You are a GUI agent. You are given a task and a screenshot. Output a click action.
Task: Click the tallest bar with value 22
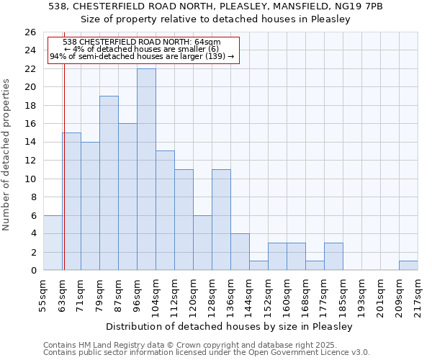(146, 169)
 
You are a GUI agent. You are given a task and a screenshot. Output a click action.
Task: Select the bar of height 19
(109, 183)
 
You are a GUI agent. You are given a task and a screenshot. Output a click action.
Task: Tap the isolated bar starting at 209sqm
(408, 266)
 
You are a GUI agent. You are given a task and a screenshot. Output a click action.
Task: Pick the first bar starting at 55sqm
(53, 243)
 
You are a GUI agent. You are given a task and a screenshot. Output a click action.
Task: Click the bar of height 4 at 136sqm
(240, 252)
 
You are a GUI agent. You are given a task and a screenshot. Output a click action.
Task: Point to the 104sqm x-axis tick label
(156, 292)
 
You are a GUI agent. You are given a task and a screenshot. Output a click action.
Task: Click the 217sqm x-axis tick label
(418, 292)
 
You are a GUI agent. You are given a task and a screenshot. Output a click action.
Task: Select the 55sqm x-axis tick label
(43, 292)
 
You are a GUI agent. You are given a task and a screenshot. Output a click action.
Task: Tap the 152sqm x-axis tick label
(268, 292)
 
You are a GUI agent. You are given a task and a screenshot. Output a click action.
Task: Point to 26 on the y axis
(30, 32)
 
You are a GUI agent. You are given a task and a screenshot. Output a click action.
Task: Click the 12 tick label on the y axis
(30, 161)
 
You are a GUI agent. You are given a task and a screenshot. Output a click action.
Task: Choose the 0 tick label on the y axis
(32, 271)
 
